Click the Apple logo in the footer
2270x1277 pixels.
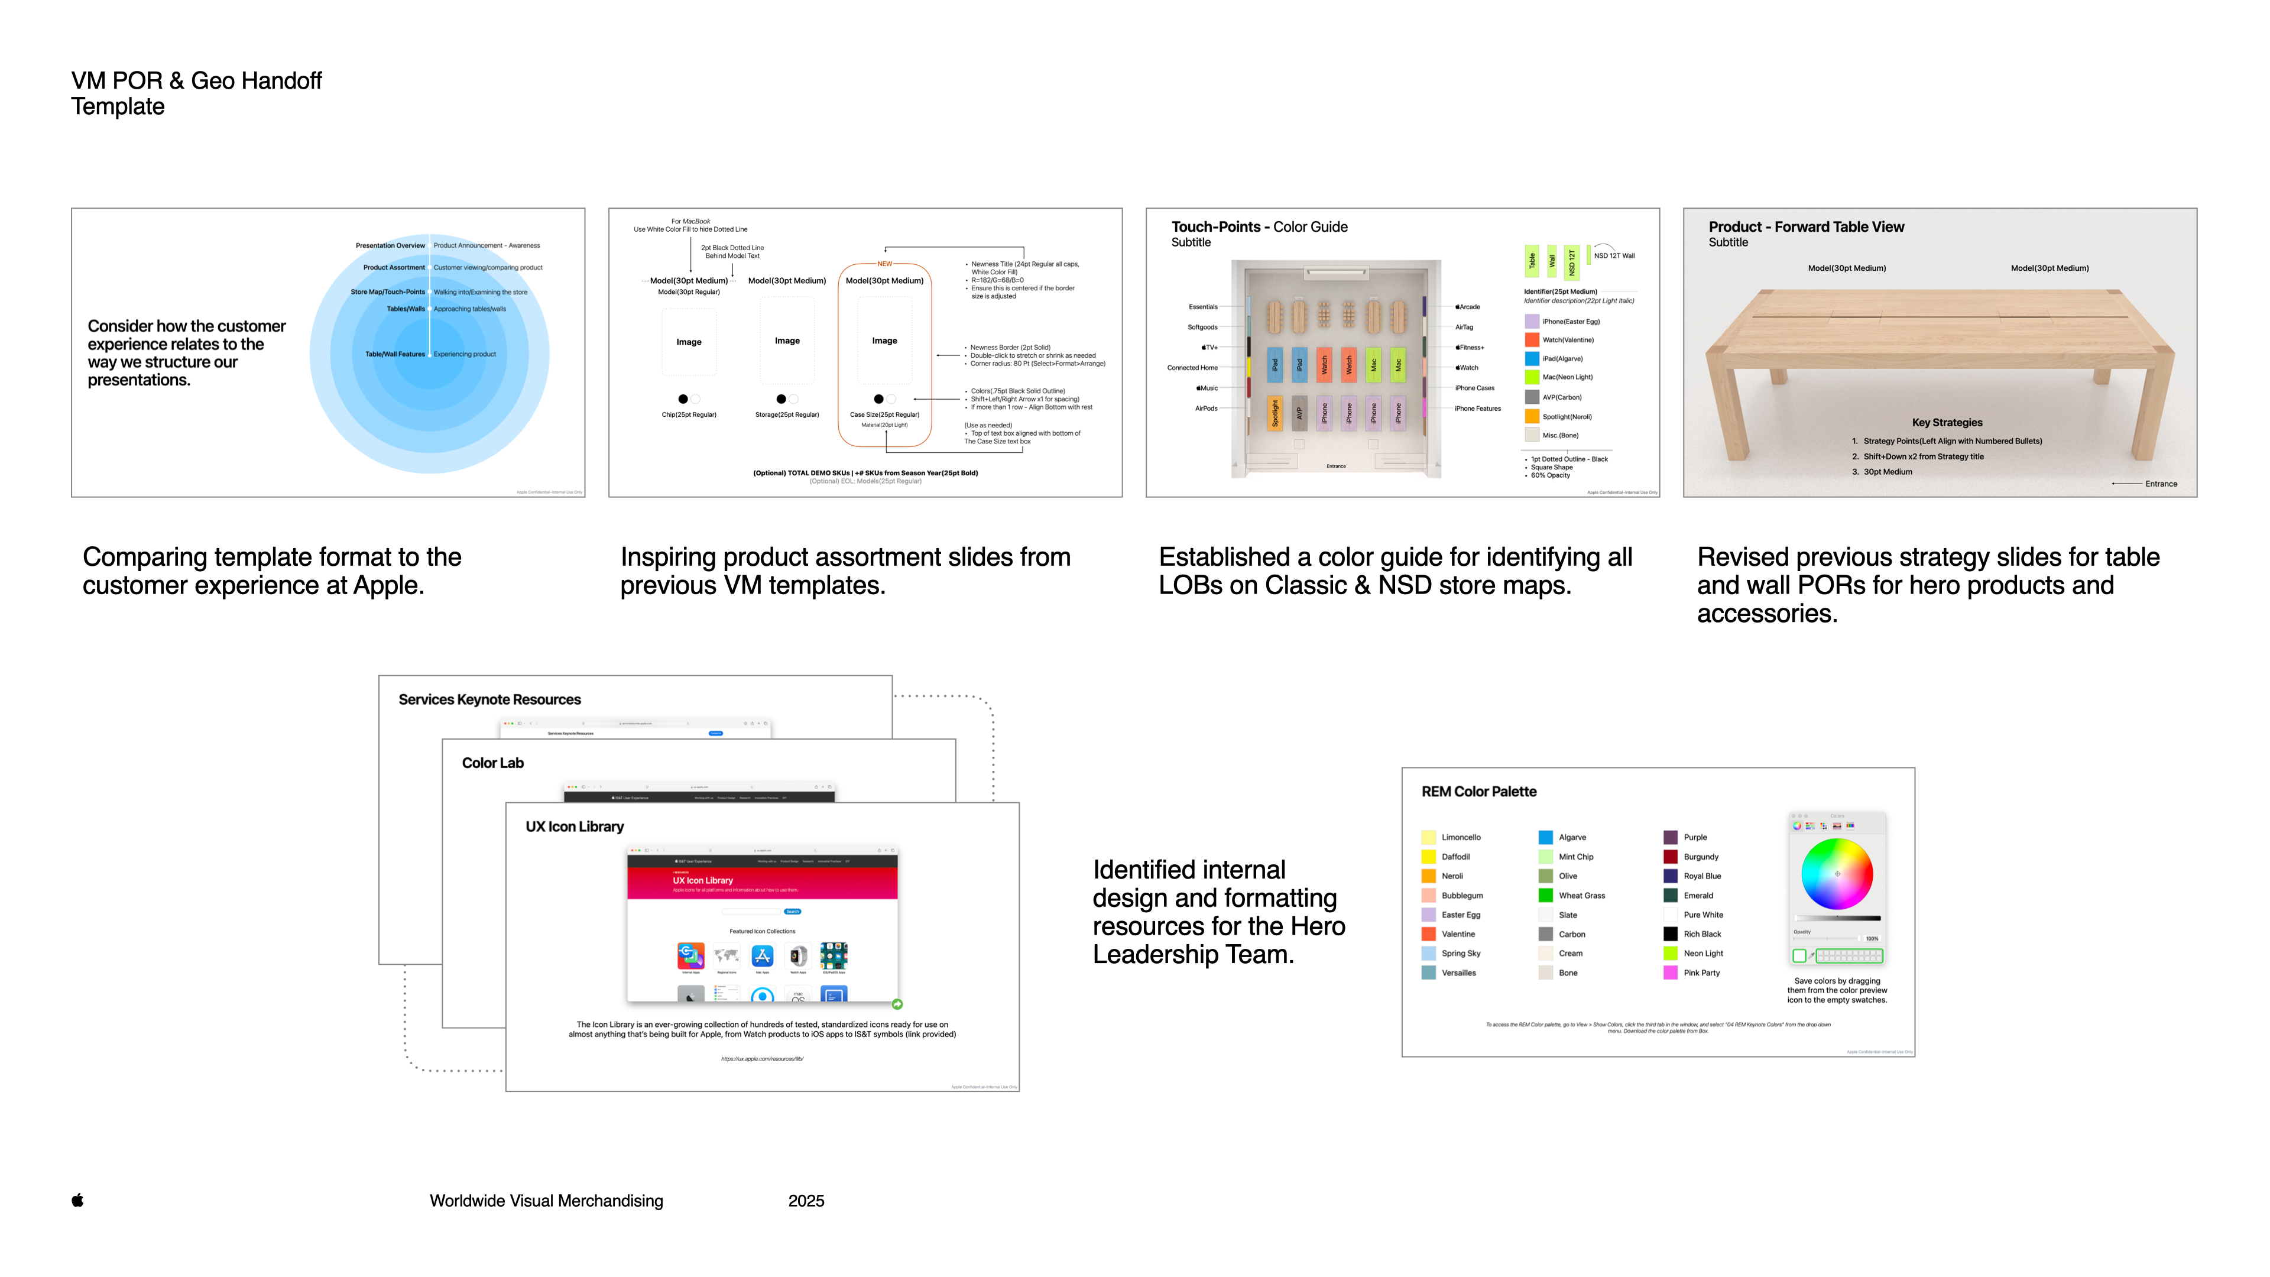[x=77, y=1200]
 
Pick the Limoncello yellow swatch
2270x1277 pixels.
[x=1428, y=837]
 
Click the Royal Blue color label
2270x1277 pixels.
[x=1702, y=876]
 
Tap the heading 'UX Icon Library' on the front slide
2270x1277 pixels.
[x=575, y=827]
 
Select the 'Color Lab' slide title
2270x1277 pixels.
[x=492, y=763]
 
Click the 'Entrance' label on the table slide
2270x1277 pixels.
[x=2161, y=484]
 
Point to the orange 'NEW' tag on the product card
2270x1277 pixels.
[x=885, y=264]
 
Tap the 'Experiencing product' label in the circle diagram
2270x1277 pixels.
[x=465, y=354]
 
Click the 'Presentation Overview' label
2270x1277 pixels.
[x=390, y=246]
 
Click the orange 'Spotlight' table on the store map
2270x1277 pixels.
[x=1275, y=413]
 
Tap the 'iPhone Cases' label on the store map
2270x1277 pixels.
[x=1474, y=388]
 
